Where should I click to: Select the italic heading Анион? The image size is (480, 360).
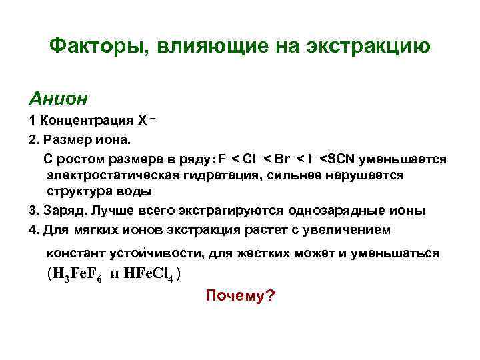tap(58, 99)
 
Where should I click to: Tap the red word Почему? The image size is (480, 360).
tap(240, 295)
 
